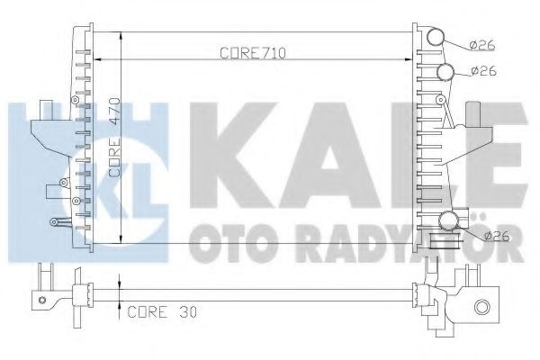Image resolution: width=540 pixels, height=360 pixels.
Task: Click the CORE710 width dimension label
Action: click(x=253, y=53)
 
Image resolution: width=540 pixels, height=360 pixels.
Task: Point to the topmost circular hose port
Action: click(x=436, y=37)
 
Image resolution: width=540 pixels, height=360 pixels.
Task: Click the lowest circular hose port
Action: click(x=450, y=221)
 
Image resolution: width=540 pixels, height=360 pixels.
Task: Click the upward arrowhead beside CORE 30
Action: click(x=119, y=307)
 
